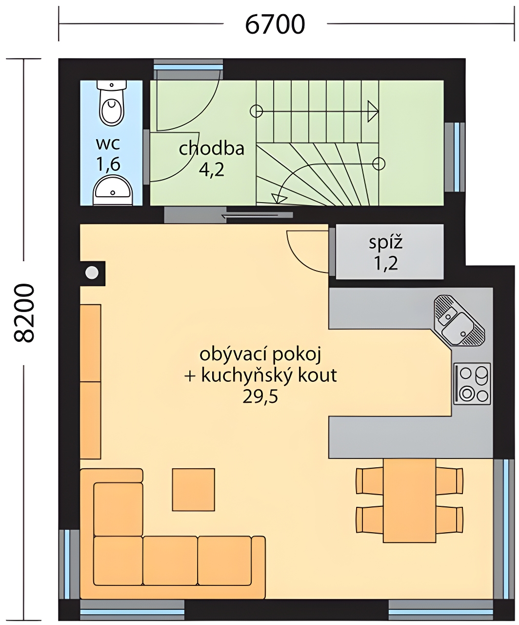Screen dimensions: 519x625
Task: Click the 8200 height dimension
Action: (24, 313)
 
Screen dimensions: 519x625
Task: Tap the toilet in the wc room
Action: (111, 103)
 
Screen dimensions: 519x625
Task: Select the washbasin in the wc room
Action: (113, 190)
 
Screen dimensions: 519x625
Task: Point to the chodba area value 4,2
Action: (211, 170)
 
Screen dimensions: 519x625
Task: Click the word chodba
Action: (211, 148)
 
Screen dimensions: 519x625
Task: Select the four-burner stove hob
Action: (472, 384)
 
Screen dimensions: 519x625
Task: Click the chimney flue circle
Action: (92, 272)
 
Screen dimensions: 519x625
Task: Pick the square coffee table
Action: (194, 489)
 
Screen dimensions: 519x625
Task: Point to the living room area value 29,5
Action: (260, 397)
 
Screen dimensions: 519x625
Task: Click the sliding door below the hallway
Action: (228, 215)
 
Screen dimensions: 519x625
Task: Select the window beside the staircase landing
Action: (455, 157)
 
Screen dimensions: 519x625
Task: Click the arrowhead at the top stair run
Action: (373, 111)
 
